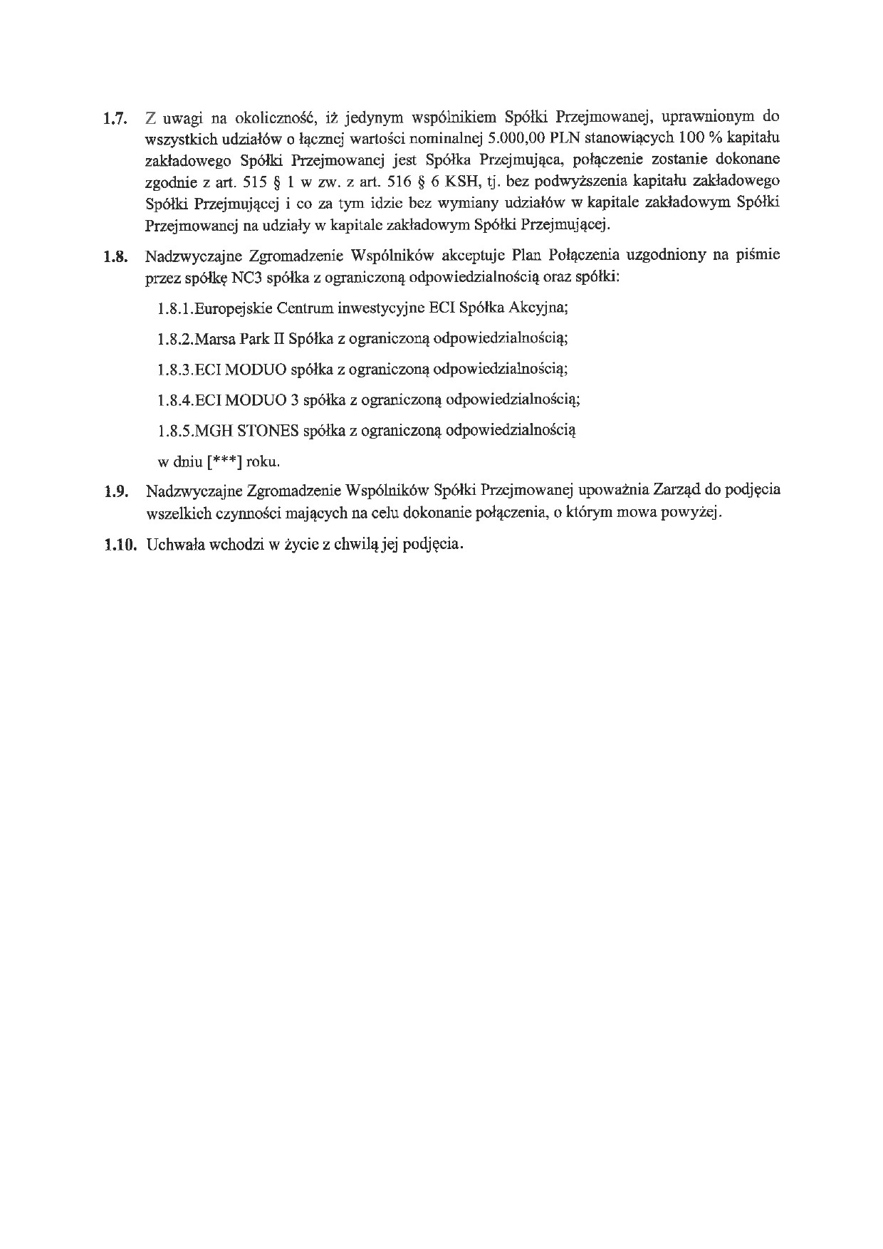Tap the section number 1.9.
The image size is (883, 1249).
click(x=114, y=492)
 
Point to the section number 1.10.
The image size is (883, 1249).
click(x=119, y=545)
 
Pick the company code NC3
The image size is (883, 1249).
click(x=246, y=278)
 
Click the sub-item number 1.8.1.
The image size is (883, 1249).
click(x=175, y=309)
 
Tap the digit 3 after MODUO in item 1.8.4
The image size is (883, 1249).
click(x=295, y=399)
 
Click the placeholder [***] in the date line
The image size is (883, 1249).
click(x=224, y=461)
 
